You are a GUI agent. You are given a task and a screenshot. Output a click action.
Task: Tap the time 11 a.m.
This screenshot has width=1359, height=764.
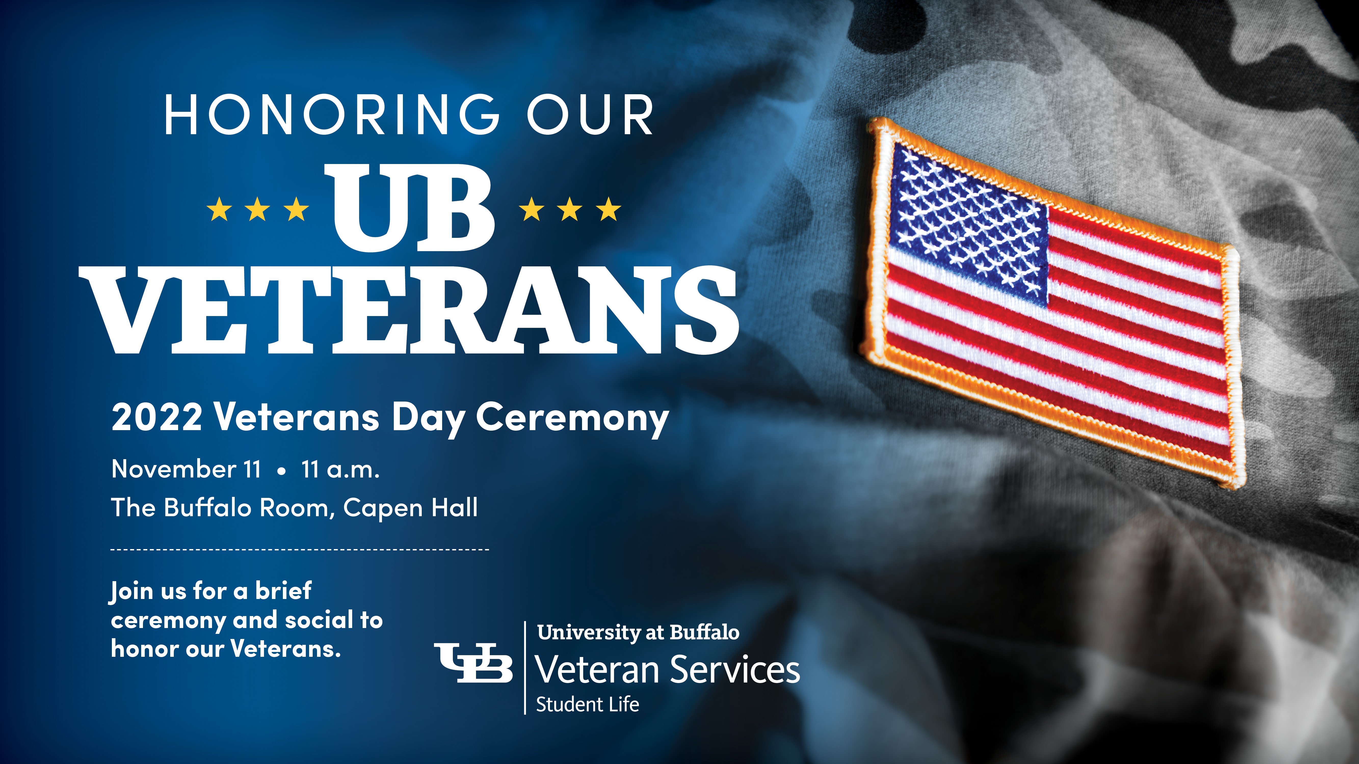coord(340,469)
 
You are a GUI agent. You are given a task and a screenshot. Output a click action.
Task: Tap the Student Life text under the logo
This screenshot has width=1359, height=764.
coord(588,704)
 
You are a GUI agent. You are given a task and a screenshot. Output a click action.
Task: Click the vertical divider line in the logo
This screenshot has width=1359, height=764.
coord(525,667)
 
